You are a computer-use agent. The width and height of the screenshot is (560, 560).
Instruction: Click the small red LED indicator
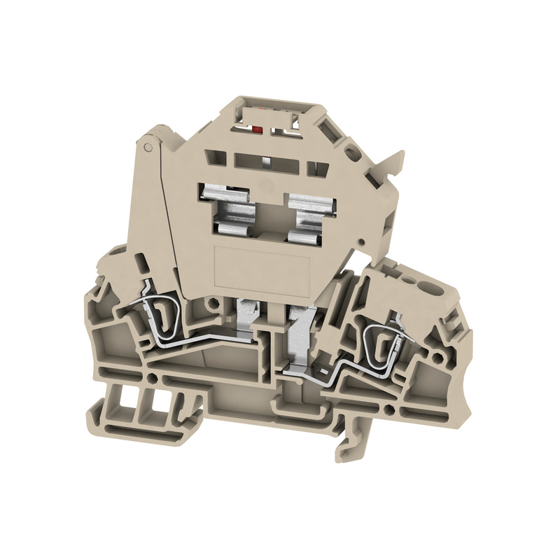[x=257, y=129]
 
